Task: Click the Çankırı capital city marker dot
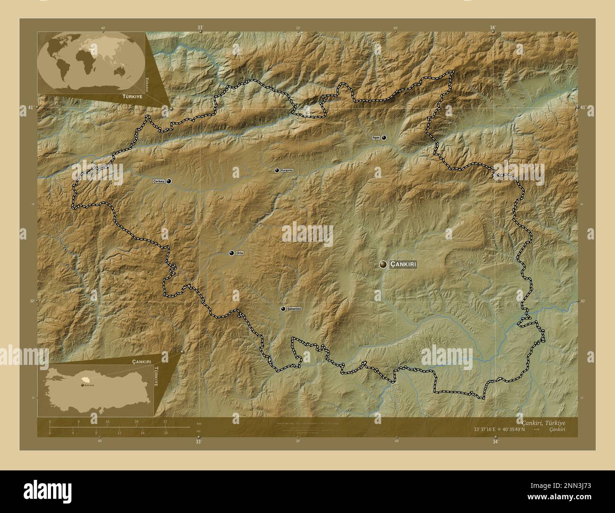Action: [383, 265]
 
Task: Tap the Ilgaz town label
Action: [376, 138]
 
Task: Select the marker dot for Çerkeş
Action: [168, 181]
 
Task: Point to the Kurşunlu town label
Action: [287, 170]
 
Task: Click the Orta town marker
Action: [232, 253]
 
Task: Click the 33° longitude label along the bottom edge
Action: [199, 442]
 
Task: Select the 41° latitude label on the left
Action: [30, 107]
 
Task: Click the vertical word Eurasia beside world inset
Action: [148, 84]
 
